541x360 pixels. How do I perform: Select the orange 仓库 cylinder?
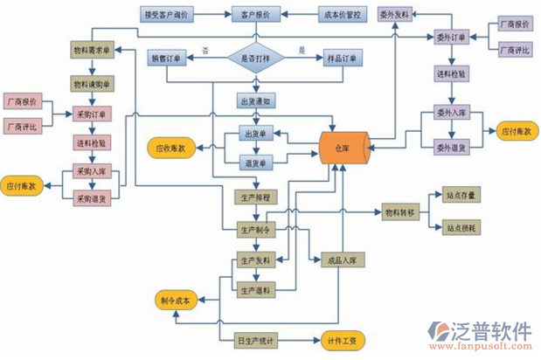[343, 149]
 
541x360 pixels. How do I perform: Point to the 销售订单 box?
[170, 59]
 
